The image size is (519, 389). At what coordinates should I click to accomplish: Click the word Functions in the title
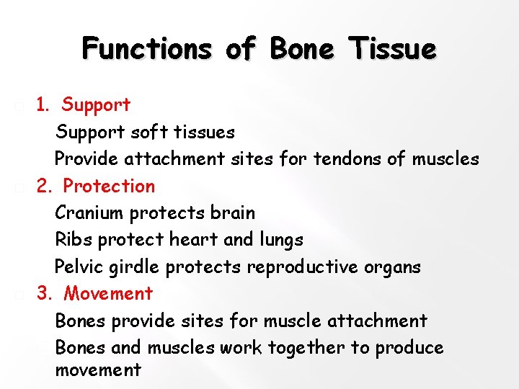[x=147, y=49]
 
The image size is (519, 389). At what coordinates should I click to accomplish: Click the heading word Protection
[x=109, y=187]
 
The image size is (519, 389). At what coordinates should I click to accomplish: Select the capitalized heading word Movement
[x=108, y=294]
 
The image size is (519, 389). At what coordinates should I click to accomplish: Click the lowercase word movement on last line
[x=98, y=371]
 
